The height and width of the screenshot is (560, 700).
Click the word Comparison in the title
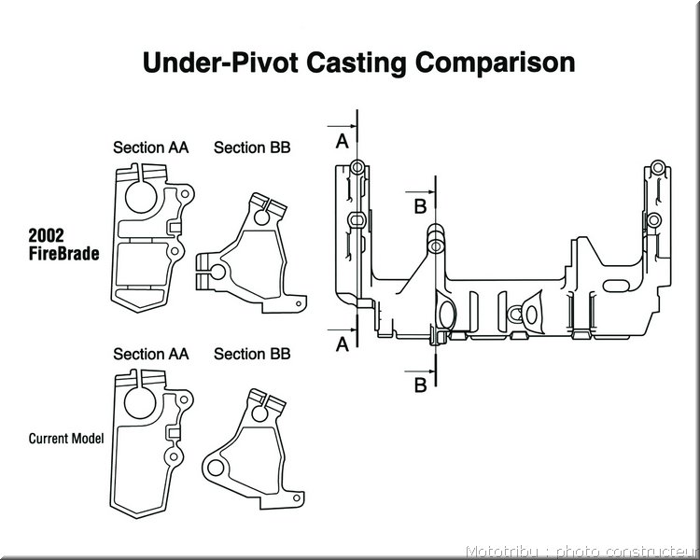tap(495, 63)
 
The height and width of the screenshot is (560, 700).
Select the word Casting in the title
tap(357, 63)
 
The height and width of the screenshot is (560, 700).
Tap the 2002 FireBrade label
tap(63, 245)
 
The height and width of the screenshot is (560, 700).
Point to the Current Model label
tap(66, 439)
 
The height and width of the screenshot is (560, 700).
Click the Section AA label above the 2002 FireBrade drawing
tap(151, 147)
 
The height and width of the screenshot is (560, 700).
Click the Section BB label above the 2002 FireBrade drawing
tap(252, 147)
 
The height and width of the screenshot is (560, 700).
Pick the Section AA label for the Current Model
tap(151, 354)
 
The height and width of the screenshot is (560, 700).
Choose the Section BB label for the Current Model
tap(252, 354)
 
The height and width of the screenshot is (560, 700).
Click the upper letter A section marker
tap(342, 142)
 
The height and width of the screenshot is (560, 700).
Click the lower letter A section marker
tap(342, 344)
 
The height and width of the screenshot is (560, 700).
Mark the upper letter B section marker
tap(421, 207)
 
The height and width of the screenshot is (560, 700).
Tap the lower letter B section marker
tap(421, 385)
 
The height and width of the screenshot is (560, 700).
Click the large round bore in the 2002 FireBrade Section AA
tap(141, 197)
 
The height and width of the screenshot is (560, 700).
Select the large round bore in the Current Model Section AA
tap(140, 403)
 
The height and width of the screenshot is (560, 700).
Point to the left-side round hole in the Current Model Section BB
tap(216, 468)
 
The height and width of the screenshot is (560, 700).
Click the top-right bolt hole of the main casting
tap(657, 168)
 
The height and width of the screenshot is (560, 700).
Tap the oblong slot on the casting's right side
tap(618, 286)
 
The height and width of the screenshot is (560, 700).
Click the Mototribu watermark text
tap(581, 553)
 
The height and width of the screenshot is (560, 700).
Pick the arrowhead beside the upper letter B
tap(431, 192)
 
